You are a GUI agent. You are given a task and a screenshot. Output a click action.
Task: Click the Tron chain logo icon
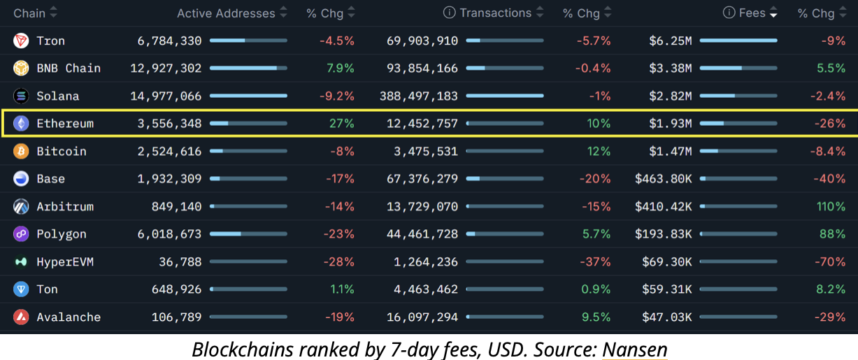21,41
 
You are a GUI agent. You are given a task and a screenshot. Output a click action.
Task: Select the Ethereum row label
64,124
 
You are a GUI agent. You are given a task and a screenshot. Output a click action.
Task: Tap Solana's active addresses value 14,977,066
169,96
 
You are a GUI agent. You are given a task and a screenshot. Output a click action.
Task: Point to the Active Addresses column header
226,13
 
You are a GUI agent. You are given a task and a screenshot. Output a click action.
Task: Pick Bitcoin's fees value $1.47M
670,152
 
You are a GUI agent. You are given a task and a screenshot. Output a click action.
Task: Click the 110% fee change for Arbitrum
831,207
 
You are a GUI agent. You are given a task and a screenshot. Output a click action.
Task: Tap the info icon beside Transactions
450,13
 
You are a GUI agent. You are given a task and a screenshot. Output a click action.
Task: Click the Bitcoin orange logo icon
21,152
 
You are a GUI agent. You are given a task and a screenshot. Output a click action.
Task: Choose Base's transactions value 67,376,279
422,179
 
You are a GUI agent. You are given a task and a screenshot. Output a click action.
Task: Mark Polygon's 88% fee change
832,234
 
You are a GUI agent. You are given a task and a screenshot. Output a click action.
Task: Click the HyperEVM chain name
65,262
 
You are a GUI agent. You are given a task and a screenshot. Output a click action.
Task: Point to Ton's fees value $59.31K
667,289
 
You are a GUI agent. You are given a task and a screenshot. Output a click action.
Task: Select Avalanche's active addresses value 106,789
176,317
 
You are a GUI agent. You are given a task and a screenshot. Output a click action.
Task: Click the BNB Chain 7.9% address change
341,69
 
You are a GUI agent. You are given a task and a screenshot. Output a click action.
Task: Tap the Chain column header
29,13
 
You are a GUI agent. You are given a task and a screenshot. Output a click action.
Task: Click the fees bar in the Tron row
738,41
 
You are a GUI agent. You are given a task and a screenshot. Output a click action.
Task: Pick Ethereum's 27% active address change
342,124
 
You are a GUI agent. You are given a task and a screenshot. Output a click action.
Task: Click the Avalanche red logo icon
21,317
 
